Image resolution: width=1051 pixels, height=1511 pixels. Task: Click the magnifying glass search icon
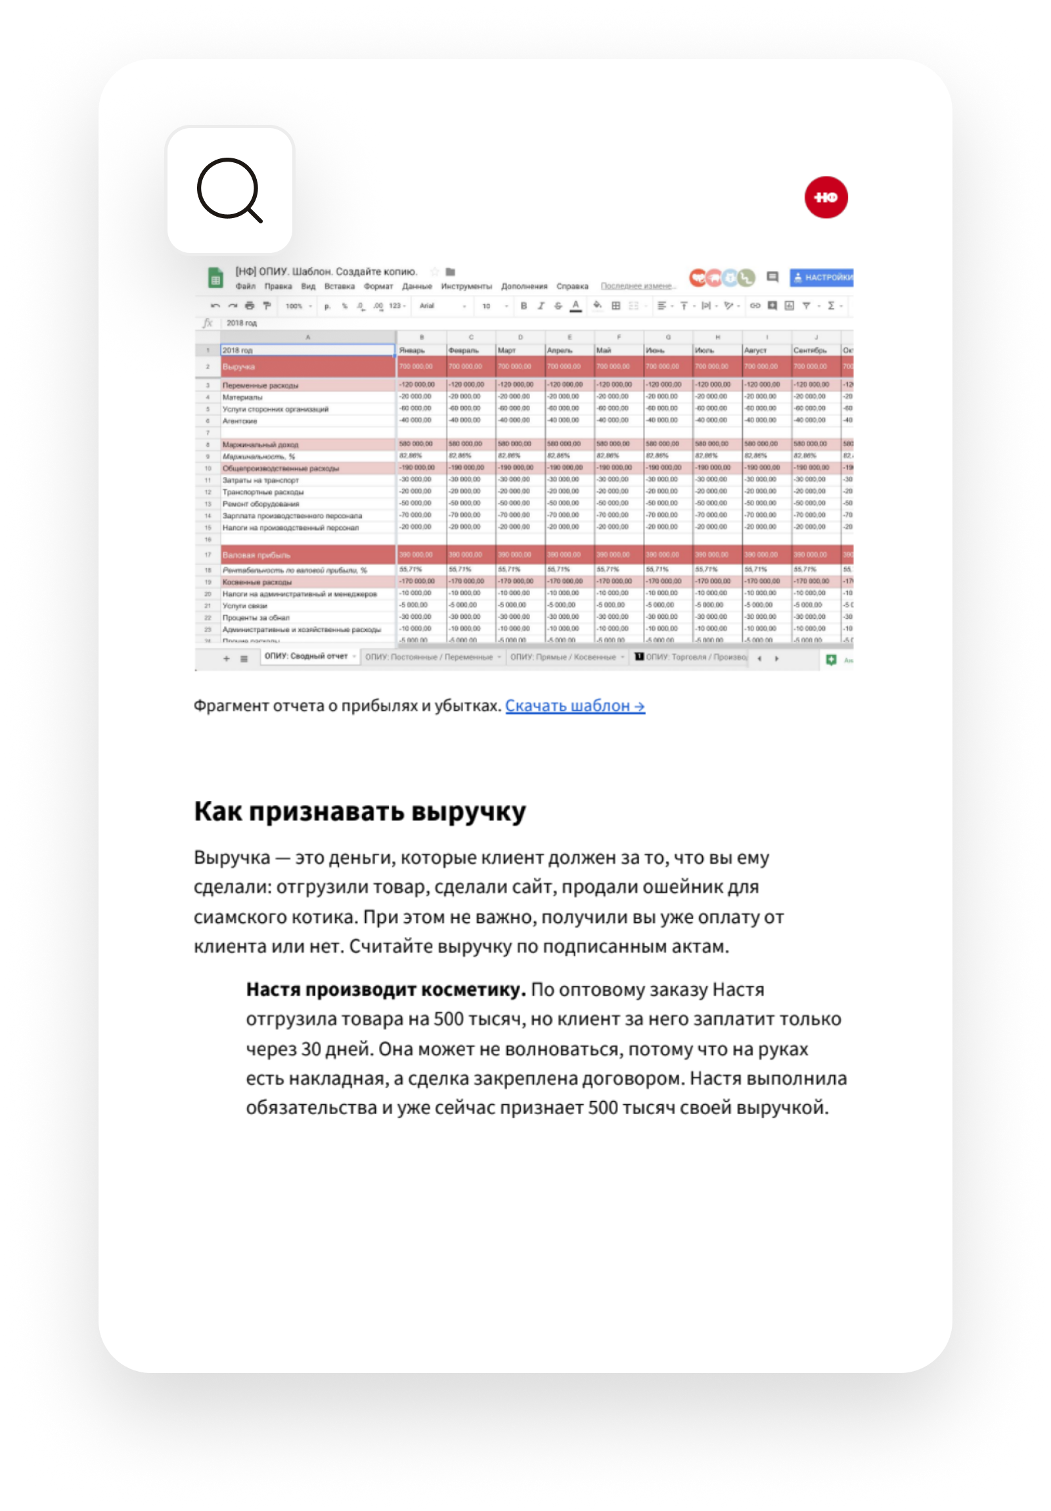(x=230, y=191)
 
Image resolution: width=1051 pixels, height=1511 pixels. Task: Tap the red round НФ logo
(x=826, y=198)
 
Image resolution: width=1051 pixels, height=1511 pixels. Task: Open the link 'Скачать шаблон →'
(x=575, y=706)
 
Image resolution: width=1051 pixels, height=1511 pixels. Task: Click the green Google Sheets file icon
(x=215, y=278)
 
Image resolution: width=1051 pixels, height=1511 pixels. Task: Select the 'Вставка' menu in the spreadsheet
(x=339, y=286)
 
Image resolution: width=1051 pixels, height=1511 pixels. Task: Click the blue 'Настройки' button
(x=822, y=278)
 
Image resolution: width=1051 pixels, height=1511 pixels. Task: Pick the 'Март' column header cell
(x=506, y=350)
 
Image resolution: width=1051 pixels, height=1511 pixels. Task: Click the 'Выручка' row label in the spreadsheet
(x=238, y=367)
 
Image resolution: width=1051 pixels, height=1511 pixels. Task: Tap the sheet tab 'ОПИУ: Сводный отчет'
(x=306, y=656)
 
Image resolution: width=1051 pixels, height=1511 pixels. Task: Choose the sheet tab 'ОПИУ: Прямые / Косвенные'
(x=564, y=657)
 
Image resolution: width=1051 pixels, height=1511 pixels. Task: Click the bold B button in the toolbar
(x=524, y=306)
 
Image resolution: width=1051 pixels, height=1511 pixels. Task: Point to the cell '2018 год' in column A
(x=238, y=350)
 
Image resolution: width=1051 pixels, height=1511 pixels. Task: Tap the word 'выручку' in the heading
(x=468, y=811)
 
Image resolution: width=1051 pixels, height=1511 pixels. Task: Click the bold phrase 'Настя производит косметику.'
(x=386, y=989)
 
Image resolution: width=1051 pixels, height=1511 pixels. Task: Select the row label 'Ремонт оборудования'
(x=261, y=504)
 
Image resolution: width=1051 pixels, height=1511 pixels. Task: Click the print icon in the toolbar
(x=250, y=306)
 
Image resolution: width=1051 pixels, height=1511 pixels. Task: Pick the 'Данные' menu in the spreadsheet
(x=416, y=286)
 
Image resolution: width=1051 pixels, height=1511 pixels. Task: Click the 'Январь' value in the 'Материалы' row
(x=415, y=397)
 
